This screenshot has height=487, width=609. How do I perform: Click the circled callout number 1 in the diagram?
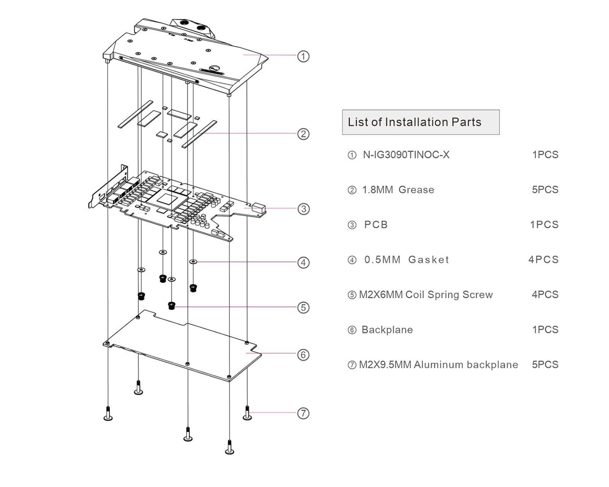[x=303, y=56]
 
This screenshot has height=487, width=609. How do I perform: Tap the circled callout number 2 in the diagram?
[x=303, y=134]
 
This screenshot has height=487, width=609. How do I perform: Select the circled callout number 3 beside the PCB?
[x=303, y=209]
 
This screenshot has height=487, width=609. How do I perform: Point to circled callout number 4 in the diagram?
[x=303, y=263]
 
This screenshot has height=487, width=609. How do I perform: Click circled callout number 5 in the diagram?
[x=303, y=307]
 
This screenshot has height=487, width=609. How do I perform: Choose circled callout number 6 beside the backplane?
[x=303, y=355]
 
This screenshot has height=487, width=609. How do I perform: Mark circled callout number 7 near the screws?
[x=303, y=413]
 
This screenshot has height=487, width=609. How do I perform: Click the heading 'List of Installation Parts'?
[x=415, y=122]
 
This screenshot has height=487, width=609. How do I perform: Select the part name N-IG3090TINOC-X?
[x=406, y=155]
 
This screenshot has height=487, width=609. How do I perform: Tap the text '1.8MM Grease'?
[x=398, y=190]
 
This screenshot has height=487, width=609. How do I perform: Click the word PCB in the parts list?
[x=376, y=225]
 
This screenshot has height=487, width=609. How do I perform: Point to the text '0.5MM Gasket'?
[x=407, y=260]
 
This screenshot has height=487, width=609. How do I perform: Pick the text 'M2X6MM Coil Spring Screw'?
[x=426, y=295]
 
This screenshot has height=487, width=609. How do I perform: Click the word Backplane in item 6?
[x=387, y=330]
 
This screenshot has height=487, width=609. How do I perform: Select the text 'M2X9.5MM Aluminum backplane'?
[x=438, y=365]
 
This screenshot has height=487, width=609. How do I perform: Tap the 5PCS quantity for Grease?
[x=545, y=190]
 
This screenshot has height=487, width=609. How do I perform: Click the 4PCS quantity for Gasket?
[x=544, y=260]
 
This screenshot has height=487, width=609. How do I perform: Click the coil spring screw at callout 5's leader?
[x=172, y=306]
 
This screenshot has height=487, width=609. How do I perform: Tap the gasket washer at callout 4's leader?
[x=193, y=262]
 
